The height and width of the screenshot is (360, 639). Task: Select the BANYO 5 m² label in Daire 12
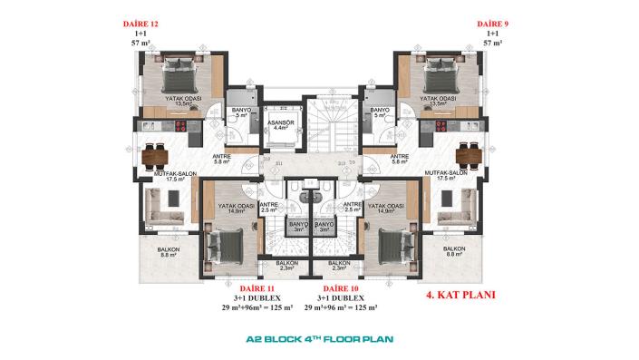(x=240, y=112)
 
